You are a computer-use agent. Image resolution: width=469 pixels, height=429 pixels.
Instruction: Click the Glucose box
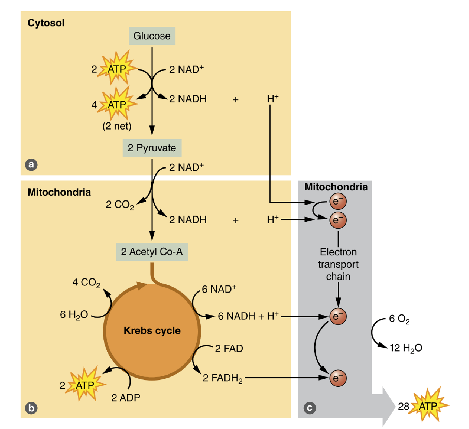coord(152,36)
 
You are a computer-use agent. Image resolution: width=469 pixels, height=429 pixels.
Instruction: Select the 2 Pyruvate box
coord(152,148)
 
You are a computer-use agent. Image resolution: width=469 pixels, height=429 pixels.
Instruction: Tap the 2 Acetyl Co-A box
coord(152,252)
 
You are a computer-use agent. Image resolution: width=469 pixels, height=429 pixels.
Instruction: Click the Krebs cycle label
coord(152,331)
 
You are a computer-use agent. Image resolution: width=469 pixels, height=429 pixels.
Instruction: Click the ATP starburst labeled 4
coord(117,105)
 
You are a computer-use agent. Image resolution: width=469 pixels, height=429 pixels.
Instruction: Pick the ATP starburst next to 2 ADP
coord(85,385)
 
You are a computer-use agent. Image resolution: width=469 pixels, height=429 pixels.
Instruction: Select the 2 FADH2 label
coord(222,378)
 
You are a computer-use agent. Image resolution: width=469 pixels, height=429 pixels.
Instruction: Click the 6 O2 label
coord(399,319)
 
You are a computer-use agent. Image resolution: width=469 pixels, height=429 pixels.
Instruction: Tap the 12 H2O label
coord(406,348)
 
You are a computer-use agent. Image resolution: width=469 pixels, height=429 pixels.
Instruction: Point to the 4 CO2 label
coord(86,283)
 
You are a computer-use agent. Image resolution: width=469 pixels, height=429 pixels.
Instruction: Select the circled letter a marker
coord(31,165)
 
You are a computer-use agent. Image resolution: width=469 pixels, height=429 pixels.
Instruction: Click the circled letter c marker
coord(310,408)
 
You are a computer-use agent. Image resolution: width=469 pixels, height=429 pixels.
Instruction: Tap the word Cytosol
coord(46,23)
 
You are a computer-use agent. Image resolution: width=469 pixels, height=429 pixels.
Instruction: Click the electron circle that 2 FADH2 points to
coord(338,378)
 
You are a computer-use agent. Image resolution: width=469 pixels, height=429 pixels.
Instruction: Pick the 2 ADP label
coord(125,398)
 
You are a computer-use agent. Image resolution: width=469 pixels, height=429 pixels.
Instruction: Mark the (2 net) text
coord(117,126)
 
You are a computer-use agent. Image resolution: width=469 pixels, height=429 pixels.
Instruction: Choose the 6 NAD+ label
coord(219,289)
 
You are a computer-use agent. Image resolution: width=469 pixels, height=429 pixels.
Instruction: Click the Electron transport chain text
coord(338,264)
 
